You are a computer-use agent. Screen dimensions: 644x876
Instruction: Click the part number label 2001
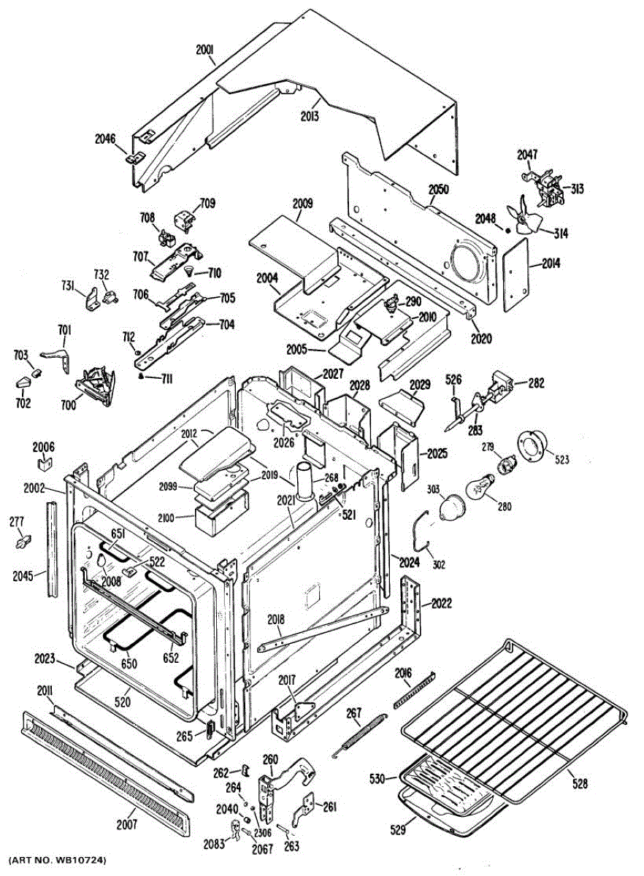206,51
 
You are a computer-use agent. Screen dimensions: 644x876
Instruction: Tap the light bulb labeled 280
480,485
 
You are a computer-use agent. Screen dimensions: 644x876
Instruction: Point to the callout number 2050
439,190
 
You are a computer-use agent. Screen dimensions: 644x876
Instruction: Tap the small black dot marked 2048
508,230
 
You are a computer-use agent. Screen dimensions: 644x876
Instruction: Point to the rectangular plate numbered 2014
515,274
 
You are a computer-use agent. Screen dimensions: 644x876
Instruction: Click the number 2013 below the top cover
310,116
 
